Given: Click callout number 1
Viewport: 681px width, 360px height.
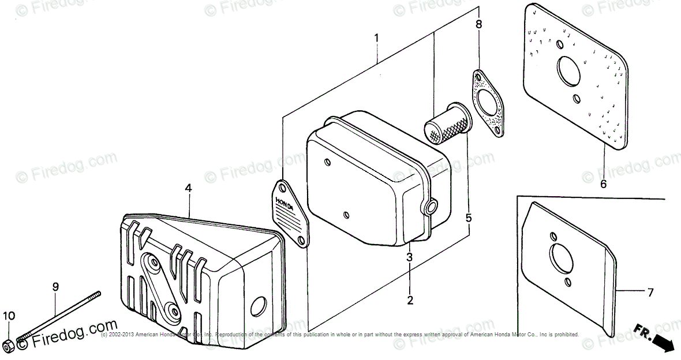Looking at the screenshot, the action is click(x=376, y=39).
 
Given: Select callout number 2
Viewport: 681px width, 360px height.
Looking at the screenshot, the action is click(x=410, y=300).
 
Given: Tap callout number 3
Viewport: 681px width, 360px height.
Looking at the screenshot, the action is click(x=409, y=257).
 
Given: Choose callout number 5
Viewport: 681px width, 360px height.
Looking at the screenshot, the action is click(x=469, y=218).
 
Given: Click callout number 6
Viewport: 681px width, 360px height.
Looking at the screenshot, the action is click(x=603, y=185).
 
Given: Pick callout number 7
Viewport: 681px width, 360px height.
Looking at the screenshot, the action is click(x=650, y=292).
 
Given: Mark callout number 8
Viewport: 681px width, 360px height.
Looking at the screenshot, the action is click(x=478, y=24).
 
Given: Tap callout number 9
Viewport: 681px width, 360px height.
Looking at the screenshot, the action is click(x=55, y=286).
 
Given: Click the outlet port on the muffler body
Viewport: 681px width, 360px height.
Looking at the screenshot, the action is click(x=431, y=206).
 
